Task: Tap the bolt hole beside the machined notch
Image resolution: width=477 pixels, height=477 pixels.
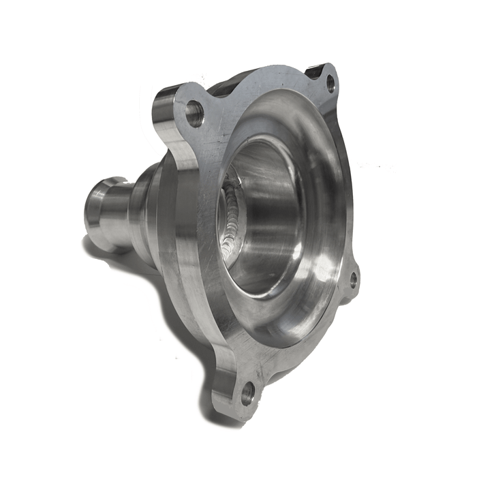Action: (330, 84)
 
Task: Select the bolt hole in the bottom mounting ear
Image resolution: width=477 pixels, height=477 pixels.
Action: (247, 392)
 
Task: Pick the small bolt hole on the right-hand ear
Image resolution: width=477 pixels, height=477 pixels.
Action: (353, 278)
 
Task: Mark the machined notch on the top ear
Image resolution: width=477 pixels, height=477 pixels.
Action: (316, 70)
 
